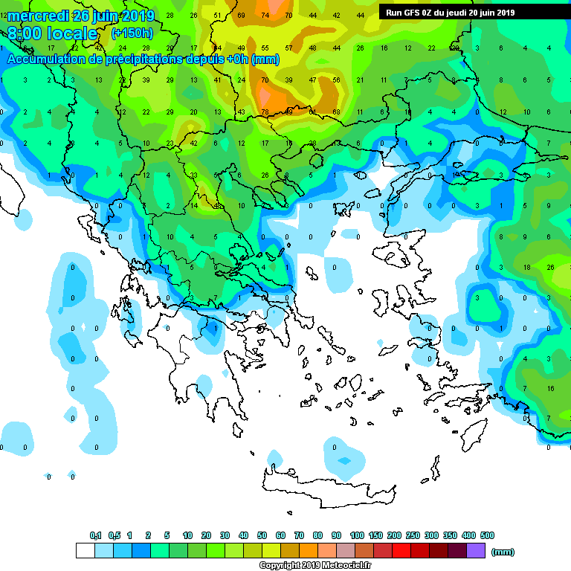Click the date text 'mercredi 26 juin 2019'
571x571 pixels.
[x=81, y=16]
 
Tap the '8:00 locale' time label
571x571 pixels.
[x=52, y=34]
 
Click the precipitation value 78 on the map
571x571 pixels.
[x=265, y=112]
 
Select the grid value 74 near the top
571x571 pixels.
[x=265, y=16]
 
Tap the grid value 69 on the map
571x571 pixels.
[x=241, y=16]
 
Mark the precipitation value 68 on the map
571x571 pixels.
[x=336, y=112]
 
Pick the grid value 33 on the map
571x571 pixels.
[x=193, y=175]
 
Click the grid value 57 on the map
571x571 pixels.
[x=288, y=48]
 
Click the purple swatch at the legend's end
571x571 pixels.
[x=476, y=551]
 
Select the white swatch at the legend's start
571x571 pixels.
[x=86, y=551]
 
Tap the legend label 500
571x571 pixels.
[x=487, y=535]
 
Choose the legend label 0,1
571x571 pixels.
[x=95, y=535]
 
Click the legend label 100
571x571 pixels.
[x=356, y=535]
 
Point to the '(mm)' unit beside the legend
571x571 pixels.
[x=503, y=552]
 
